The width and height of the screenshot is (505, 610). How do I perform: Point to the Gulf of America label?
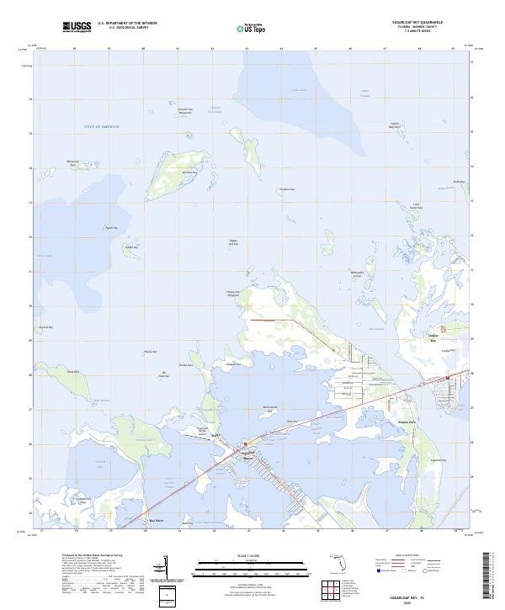click(102, 126)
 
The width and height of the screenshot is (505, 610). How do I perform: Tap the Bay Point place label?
click(154, 521)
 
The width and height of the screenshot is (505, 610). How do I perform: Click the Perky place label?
click(215, 434)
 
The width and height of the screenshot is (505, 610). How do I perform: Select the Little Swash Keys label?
click(416, 206)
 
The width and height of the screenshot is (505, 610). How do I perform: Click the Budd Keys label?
click(458, 182)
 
